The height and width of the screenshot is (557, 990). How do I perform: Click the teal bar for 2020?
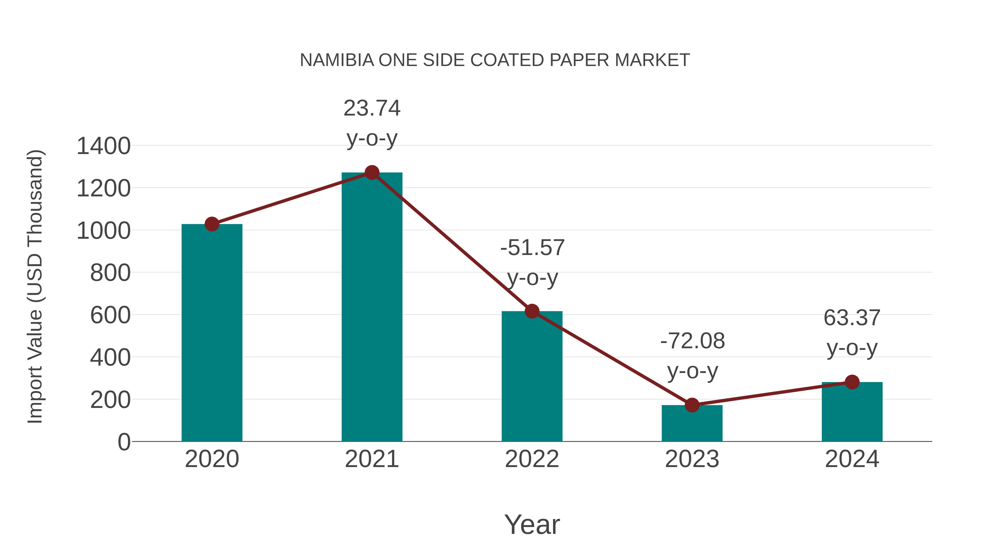point(212,333)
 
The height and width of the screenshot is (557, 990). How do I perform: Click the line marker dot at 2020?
point(212,224)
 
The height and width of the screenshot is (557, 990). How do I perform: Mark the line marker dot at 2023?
point(692,405)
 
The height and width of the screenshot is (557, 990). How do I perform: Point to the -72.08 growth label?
point(692,341)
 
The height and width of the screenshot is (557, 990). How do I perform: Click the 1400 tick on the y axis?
point(103,146)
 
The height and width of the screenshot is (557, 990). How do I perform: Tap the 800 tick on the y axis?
point(110,273)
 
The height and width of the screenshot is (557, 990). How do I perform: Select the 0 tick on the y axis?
point(124,442)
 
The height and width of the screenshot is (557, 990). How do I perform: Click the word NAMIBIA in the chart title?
point(337,60)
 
